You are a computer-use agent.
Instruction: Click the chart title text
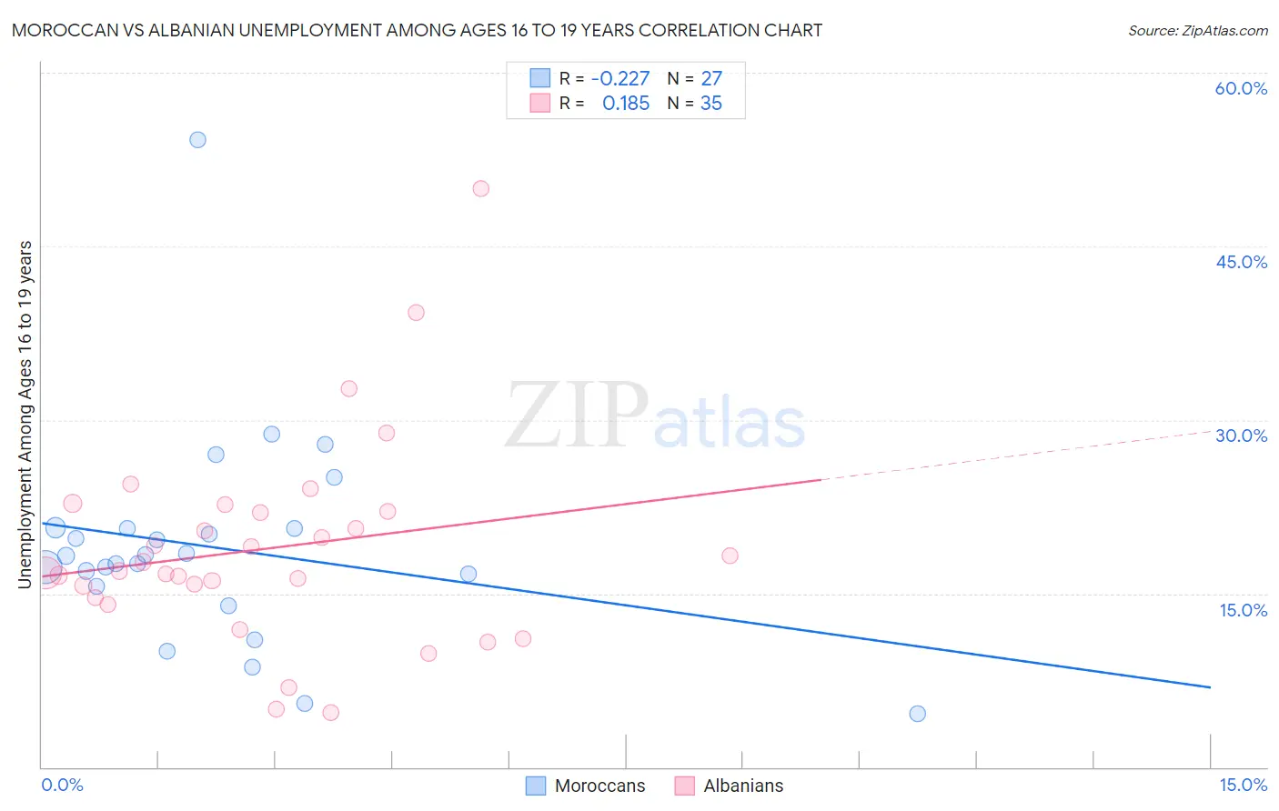[417, 30]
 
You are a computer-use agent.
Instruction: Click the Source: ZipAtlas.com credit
[1197, 30]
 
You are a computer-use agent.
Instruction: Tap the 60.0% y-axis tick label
[1241, 88]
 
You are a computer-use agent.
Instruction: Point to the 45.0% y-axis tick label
[1241, 262]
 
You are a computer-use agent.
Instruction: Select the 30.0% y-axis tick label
[1241, 436]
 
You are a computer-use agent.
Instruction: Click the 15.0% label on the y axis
[1243, 610]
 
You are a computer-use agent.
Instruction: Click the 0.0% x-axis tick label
[62, 785]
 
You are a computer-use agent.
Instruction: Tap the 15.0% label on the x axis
[1243, 785]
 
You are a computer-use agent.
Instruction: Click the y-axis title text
[25, 414]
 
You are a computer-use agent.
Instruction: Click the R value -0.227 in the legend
[620, 78]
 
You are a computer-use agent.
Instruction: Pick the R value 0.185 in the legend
[626, 104]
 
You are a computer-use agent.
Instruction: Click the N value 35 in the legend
[711, 104]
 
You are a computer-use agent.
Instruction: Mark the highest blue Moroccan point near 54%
[197, 140]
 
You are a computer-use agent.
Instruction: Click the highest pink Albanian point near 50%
[481, 189]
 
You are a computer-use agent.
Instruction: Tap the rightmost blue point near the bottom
[917, 714]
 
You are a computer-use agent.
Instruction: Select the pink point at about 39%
[416, 313]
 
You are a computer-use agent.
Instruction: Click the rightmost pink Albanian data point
[730, 556]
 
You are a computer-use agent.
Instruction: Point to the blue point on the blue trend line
[468, 574]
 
